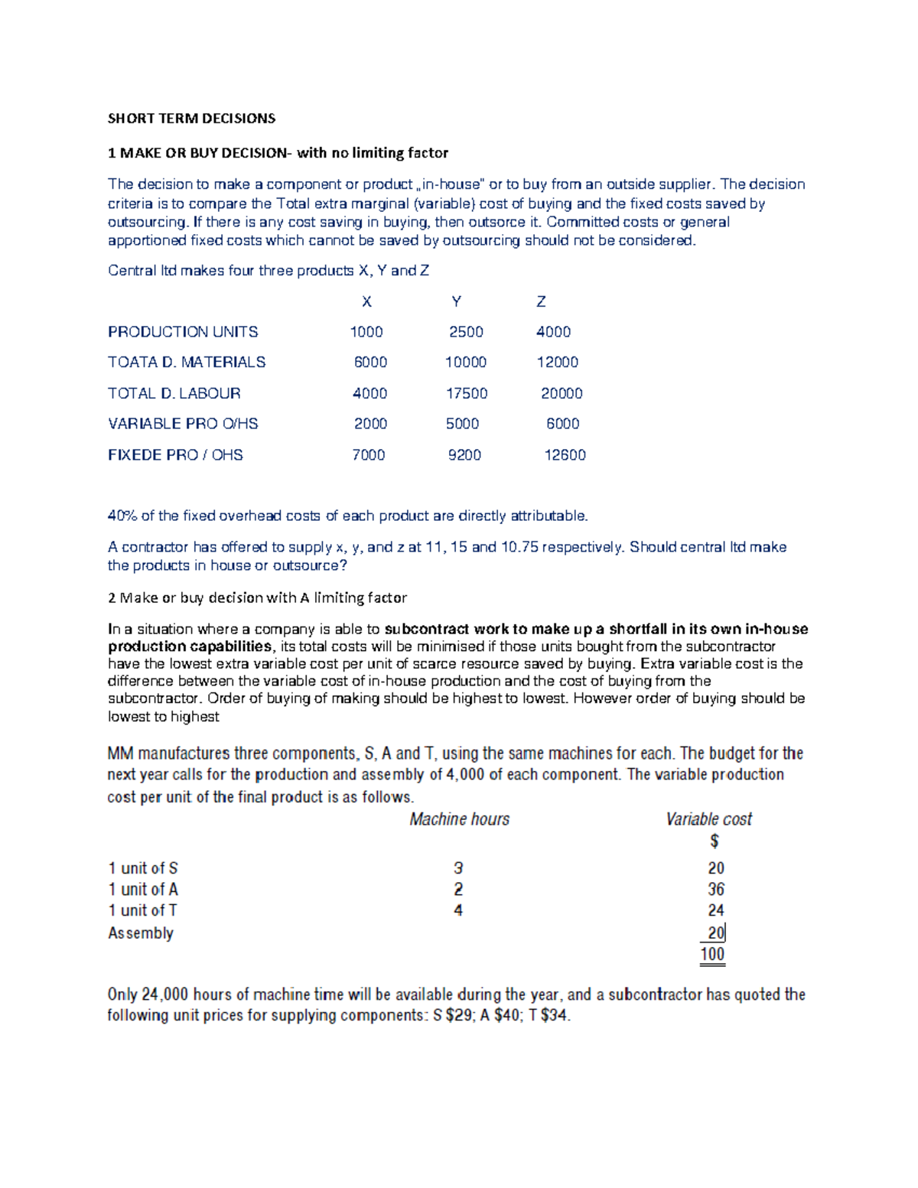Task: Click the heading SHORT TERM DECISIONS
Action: pos(191,119)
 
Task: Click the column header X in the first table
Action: pos(366,302)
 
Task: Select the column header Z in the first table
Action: pos(541,302)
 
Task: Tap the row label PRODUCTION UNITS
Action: pos(183,332)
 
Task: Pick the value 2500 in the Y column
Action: pos(466,332)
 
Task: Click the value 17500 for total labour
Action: pos(467,393)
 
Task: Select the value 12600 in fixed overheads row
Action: pos(565,455)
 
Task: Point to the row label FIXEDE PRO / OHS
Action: pos(175,455)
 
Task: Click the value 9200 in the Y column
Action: pos(464,455)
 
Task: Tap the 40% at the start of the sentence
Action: pos(122,516)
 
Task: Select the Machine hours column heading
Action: pos(459,819)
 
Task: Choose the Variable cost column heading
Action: pos(708,819)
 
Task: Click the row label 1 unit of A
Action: pos(143,890)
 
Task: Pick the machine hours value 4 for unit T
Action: pos(458,910)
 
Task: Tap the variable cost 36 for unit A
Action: pos(715,890)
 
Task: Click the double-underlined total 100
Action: pos(712,954)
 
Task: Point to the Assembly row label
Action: pos(141,933)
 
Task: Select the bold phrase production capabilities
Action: pos(189,646)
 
